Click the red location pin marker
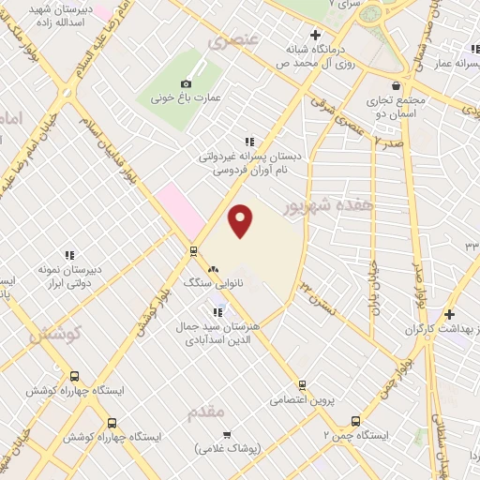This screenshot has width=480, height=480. [241, 220]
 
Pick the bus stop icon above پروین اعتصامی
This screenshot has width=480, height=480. [302, 384]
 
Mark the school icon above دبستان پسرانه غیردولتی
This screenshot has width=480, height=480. [248, 142]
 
